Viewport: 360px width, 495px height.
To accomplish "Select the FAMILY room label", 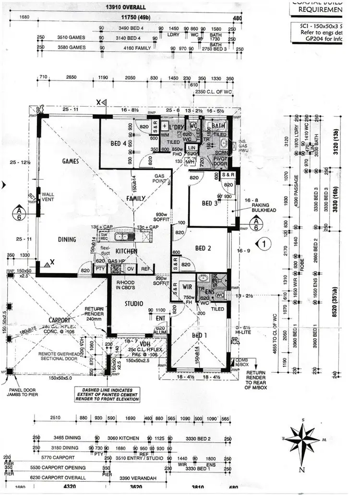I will pos(136,198).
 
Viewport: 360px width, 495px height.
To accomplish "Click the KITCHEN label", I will pos(127,251).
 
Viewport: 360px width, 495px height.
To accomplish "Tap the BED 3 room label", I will pos(210,204).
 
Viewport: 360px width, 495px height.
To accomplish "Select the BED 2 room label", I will pos(204,248).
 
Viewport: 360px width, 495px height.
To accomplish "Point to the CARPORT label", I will pos(59,320).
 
